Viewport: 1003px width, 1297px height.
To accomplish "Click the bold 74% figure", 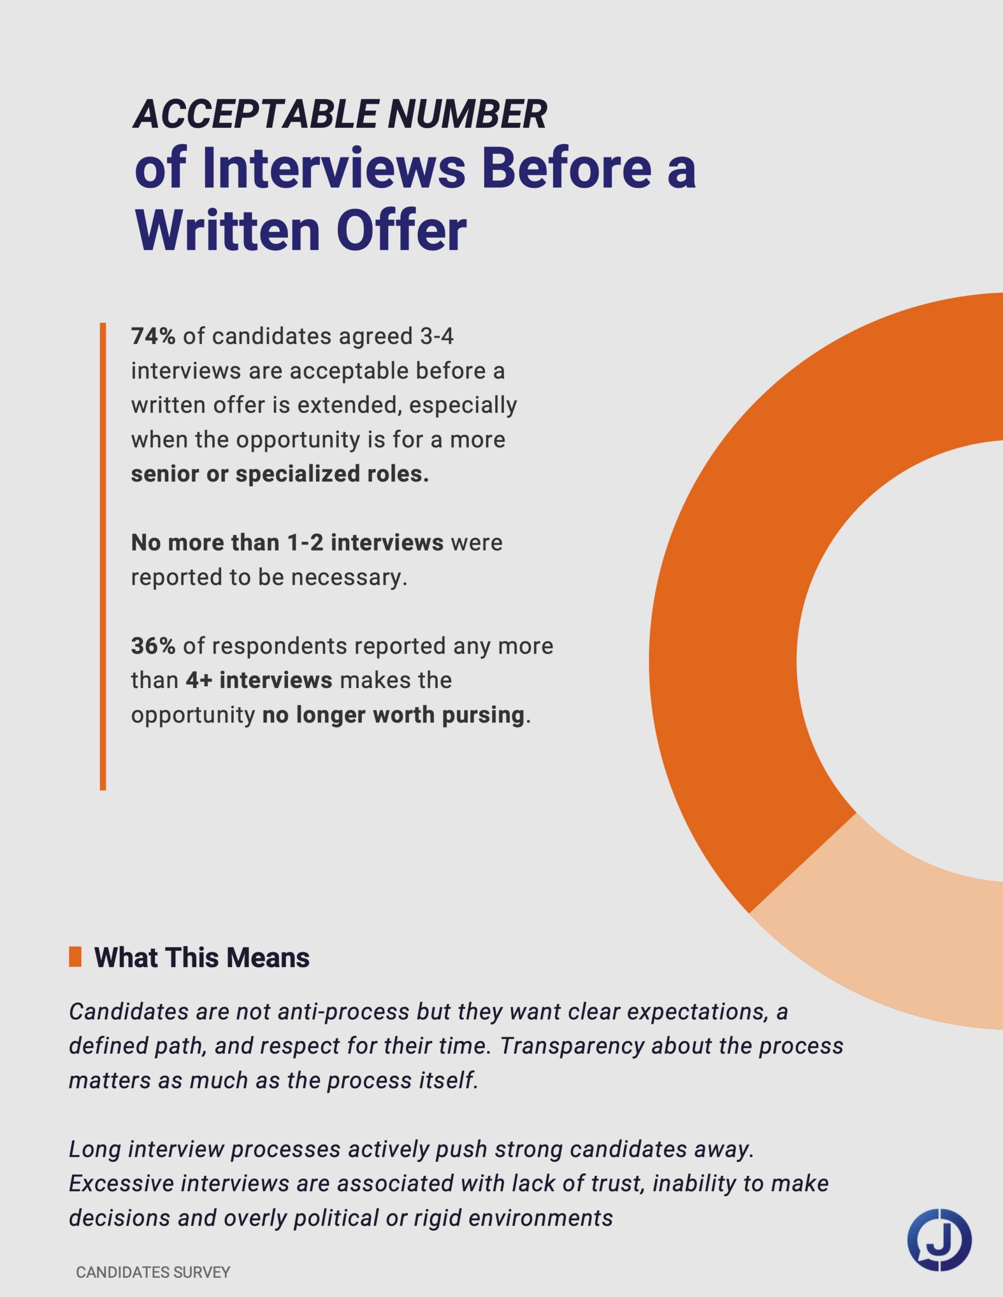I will click(153, 337).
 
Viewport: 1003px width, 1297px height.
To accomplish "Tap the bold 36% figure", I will click(153, 646).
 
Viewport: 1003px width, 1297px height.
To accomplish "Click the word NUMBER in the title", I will click(466, 114).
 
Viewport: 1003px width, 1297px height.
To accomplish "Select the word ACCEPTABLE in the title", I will click(255, 114).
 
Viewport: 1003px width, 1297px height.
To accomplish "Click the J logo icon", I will click(939, 1240).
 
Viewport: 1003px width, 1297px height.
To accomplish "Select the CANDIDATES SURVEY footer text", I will click(153, 1273).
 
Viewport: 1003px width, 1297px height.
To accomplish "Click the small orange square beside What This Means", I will click(75, 957).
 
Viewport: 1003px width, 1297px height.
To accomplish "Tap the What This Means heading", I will click(202, 958).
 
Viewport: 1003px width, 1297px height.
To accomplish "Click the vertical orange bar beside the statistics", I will click(103, 556).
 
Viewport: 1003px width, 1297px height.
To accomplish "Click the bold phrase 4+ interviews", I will click(258, 680).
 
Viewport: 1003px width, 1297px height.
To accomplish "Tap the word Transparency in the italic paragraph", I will click(572, 1046).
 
